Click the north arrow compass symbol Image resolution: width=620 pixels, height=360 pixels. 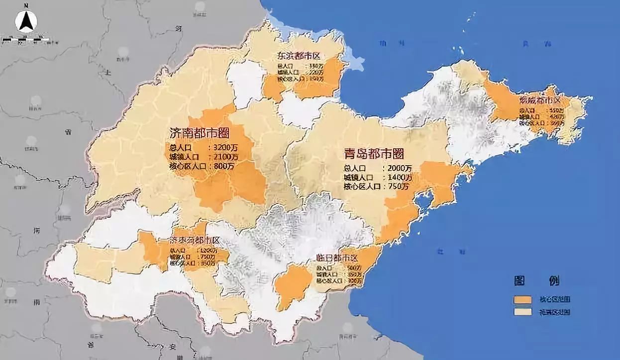pyautogui.click(x=24, y=21)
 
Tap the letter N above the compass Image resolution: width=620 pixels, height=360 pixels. pyautogui.click(x=24, y=5)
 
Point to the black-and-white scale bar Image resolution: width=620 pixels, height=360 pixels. pyautogui.click(x=25, y=39)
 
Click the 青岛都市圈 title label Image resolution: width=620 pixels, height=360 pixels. pyautogui.click(x=374, y=154)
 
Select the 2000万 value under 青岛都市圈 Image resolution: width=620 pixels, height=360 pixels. pyautogui.click(x=400, y=168)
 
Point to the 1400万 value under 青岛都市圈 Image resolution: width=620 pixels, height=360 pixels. pyautogui.click(x=400, y=177)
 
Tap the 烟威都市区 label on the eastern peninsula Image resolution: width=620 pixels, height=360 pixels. pyautogui.click(x=540, y=100)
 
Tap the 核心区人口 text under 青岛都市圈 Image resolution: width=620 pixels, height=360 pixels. pyautogui.click(x=362, y=186)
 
